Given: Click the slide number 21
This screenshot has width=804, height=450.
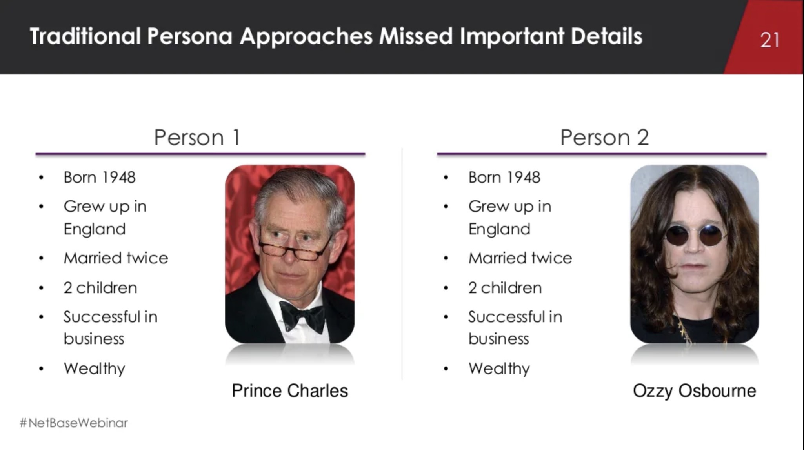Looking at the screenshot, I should pos(769,40).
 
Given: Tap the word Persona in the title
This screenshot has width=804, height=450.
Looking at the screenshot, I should pos(189,36).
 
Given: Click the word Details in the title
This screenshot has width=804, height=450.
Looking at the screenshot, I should pos(606,36).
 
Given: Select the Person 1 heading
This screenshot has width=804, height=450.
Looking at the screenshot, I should pos(197,137).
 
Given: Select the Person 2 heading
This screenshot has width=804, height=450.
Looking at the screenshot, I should pos(604,137).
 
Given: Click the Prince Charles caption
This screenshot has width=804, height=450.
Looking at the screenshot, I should pos(289,390).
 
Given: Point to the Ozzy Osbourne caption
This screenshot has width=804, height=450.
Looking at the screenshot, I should pos(694,390).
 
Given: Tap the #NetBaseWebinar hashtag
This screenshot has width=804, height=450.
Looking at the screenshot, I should pos(74,423).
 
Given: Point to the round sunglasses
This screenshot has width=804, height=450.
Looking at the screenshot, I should pos(693,235).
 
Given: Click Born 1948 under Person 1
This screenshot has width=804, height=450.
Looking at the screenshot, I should pos(100,177).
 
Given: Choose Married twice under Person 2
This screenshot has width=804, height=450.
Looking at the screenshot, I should pos(520,258).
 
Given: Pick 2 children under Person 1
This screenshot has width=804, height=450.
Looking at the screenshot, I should pos(100,288).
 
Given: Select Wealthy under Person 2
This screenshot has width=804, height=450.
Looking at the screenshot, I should pos(499,368).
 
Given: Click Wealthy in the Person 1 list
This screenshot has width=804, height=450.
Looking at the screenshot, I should pos(95,368).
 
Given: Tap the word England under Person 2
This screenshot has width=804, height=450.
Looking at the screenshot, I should pos(499,229).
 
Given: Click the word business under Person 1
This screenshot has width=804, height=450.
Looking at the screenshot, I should pos(94,339).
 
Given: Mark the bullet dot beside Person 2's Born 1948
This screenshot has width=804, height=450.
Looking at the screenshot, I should pos(446,178).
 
